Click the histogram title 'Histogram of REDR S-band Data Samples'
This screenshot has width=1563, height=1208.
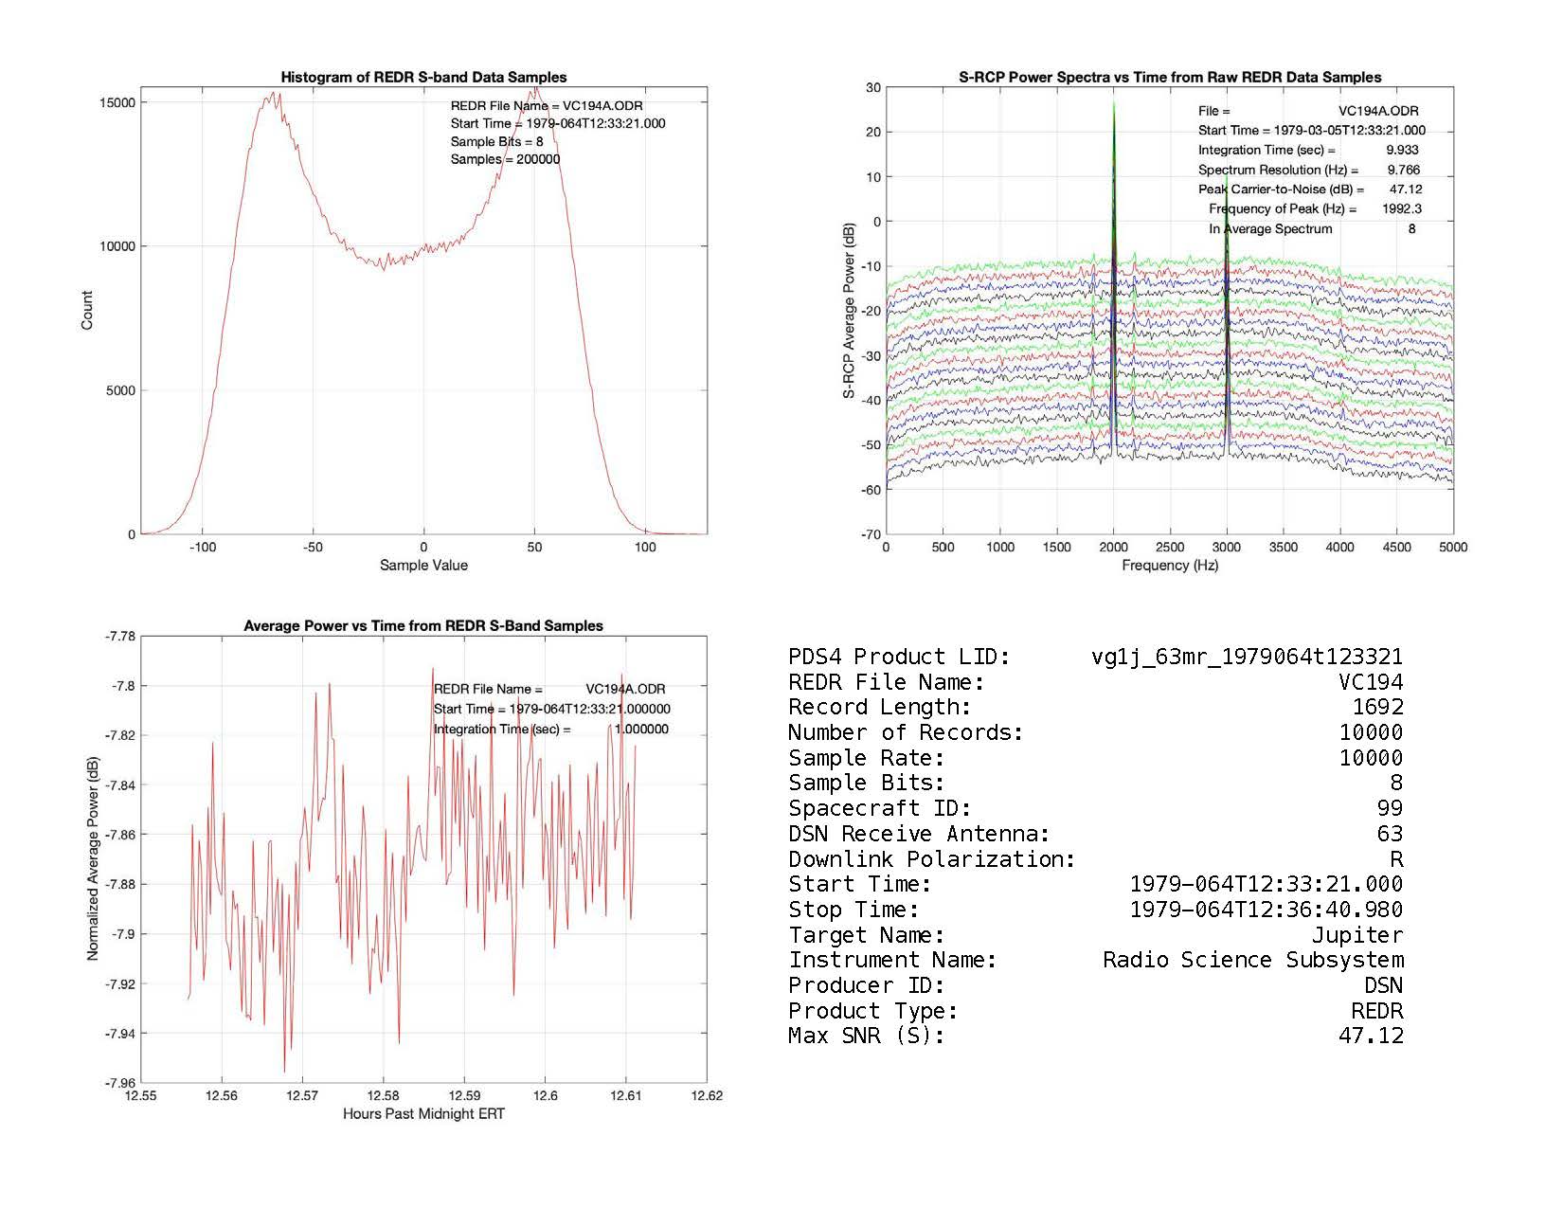pyautogui.click(x=423, y=78)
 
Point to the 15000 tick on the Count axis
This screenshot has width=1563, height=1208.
pyautogui.click(x=117, y=102)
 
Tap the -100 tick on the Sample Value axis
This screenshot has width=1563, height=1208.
pyautogui.click(x=202, y=547)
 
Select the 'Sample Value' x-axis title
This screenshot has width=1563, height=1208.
pyautogui.click(x=423, y=566)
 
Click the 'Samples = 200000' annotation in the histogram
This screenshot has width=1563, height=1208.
pyautogui.click(x=505, y=159)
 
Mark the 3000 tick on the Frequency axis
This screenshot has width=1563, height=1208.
pyautogui.click(x=1227, y=547)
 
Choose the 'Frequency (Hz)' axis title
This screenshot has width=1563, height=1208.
pyautogui.click(x=1170, y=566)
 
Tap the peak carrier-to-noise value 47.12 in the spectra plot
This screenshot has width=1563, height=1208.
pyautogui.click(x=1405, y=189)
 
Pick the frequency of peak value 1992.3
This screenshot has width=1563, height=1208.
pyautogui.click(x=1401, y=208)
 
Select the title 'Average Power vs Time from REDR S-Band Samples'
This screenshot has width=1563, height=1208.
pyautogui.click(x=423, y=626)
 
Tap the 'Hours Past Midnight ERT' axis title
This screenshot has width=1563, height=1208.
pyautogui.click(x=423, y=1114)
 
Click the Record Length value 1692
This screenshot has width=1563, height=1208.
pyautogui.click(x=1377, y=708)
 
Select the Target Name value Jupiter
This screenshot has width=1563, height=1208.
pyautogui.click(x=1356, y=935)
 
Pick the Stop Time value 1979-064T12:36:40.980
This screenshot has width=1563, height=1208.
pyautogui.click(x=1266, y=911)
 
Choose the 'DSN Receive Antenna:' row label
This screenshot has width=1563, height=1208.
pyautogui.click(x=919, y=835)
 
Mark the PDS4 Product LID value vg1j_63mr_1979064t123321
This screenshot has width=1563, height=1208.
pyautogui.click(x=1247, y=658)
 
